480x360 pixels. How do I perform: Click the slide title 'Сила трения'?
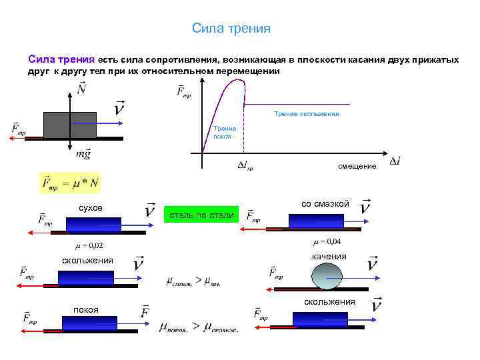click(231, 28)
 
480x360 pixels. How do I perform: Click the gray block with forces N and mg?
click(70, 125)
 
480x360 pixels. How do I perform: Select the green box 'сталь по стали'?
click(201, 215)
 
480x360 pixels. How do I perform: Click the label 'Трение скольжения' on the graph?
click(307, 114)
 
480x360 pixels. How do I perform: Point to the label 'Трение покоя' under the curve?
click(222, 131)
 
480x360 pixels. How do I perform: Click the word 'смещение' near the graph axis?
click(357, 165)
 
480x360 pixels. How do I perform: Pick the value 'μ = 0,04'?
click(327, 241)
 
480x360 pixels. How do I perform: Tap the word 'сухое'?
click(91, 208)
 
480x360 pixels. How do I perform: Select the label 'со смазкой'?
click(325, 203)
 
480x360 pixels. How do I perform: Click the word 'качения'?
click(329, 257)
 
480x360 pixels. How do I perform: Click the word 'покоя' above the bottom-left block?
click(86, 309)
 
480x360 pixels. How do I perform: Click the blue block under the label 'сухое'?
click(93, 223)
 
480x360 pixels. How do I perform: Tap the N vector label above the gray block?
click(81, 88)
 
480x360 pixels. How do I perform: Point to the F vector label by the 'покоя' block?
click(145, 312)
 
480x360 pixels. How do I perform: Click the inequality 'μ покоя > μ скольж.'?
click(198, 327)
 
